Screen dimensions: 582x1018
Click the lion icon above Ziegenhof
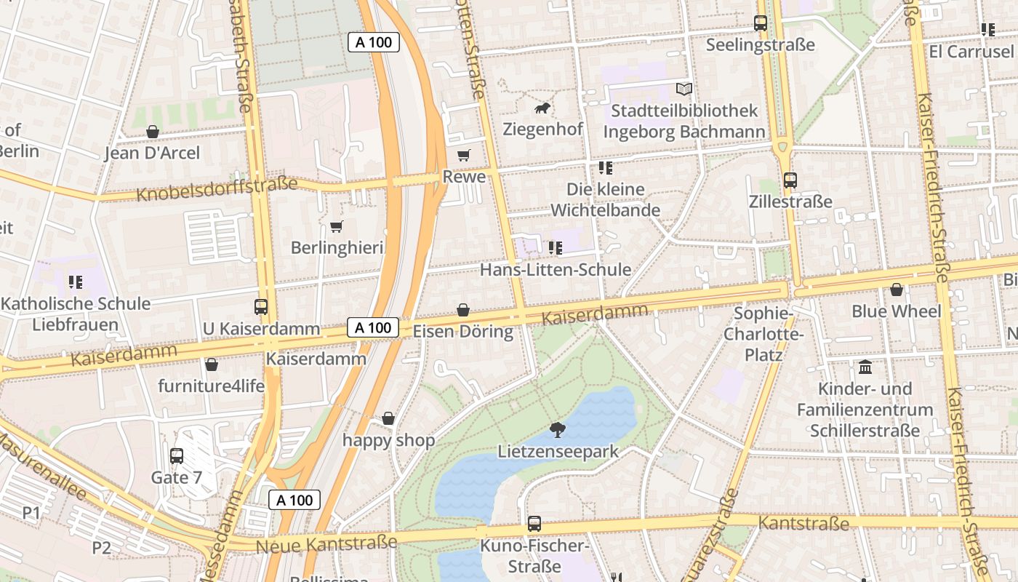tap(542, 109)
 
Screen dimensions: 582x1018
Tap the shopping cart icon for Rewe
tap(463, 155)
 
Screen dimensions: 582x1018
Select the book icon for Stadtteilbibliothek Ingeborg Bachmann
tap(684, 89)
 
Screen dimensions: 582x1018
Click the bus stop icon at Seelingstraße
tap(761, 23)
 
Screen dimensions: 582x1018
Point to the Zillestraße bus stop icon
tap(790, 180)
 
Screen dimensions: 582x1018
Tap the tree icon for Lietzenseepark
tap(558, 429)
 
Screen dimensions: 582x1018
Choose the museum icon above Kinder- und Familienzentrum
tap(865, 367)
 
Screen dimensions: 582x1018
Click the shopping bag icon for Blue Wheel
tap(897, 290)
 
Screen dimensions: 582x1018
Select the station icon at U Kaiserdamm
tap(261, 307)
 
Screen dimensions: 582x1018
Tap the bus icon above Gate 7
tap(177, 456)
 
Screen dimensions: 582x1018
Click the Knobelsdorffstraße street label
tap(217, 189)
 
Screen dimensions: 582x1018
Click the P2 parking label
tap(101, 548)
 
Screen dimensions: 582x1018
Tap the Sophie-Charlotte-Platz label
tap(763, 334)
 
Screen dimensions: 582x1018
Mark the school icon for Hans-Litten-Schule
tap(556, 248)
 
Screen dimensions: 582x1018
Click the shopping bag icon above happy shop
tap(388, 418)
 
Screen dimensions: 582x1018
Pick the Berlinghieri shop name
tap(337, 248)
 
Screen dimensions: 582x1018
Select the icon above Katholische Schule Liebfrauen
tap(76, 282)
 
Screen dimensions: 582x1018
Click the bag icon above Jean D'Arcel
tap(153, 132)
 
